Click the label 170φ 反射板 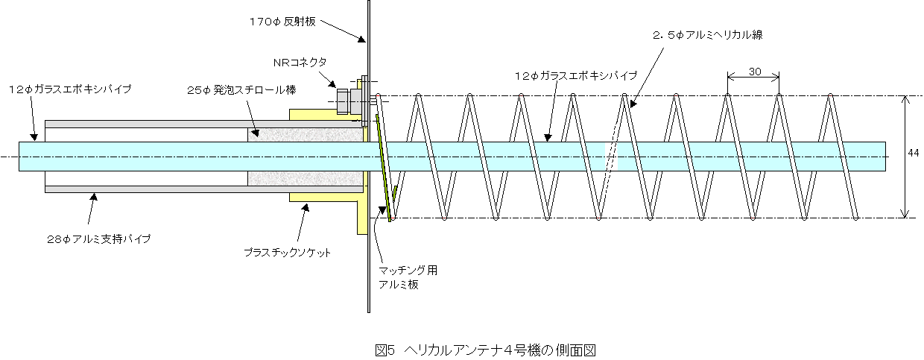click(x=282, y=21)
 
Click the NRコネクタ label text click(x=300, y=63)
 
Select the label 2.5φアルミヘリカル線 click(x=707, y=35)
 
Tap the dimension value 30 click(x=754, y=72)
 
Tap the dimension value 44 click(x=914, y=153)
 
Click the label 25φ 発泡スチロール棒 click(x=241, y=90)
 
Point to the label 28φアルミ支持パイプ click(x=99, y=239)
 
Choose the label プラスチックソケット click(x=287, y=253)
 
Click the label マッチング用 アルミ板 click(x=408, y=277)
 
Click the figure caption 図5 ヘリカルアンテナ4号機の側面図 click(x=486, y=350)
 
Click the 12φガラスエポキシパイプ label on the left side click(x=70, y=89)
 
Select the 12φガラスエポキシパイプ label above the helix click(x=576, y=76)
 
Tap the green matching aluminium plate click(x=383, y=168)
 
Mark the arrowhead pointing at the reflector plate click(x=361, y=40)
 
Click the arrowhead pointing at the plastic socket click(x=305, y=207)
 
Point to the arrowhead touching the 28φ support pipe click(x=94, y=197)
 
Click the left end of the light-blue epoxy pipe click(x=19, y=157)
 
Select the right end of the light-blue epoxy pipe click(x=885, y=157)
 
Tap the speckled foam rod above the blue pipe click(x=306, y=135)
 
